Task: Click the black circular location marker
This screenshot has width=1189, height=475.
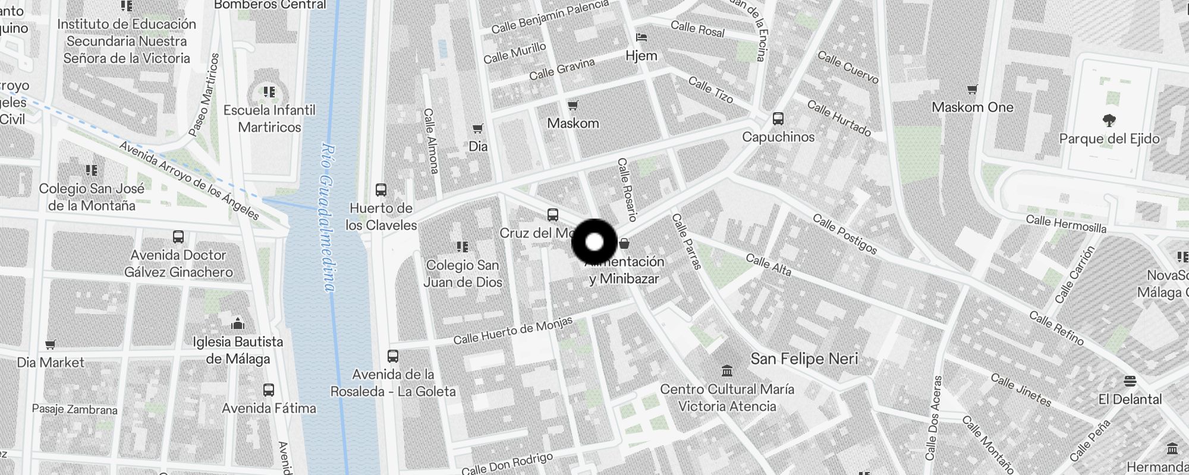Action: coord(594,242)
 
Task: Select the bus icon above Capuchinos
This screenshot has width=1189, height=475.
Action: coord(778,119)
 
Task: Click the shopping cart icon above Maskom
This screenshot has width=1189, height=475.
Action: coord(573,106)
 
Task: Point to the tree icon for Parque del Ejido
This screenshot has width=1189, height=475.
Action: coord(1109,121)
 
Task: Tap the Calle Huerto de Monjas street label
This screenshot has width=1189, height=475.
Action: coord(512,331)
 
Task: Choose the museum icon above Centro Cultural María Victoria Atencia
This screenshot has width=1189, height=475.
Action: coord(726,371)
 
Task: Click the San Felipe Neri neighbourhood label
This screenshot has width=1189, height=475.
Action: coord(804,359)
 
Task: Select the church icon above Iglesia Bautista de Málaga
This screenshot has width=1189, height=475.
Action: coord(238,324)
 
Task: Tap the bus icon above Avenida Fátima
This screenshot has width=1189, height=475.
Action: coord(269,390)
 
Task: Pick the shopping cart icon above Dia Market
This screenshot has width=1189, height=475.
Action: coord(51,344)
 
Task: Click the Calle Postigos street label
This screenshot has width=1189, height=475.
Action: coord(844,234)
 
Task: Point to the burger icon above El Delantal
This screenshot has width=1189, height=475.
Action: coord(1130,381)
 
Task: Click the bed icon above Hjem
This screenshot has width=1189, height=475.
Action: coord(641,37)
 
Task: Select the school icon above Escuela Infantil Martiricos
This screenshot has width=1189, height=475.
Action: coord(269,92)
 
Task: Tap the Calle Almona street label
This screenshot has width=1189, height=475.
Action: coord(432,141)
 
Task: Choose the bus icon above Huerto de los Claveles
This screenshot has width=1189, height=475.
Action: coord(381,190)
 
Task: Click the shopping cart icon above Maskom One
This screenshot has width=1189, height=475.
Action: coord(972,90)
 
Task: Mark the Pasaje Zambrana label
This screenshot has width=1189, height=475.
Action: coord(74,410)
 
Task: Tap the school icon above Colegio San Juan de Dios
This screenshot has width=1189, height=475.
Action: coord(463,246)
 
